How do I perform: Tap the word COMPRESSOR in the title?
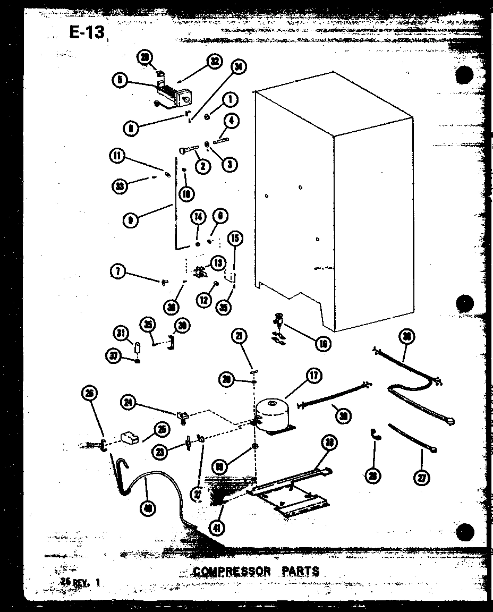(232, 572)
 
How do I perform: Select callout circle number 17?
(313, 376)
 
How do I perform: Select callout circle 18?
(329, 442)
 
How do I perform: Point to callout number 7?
(118, 272)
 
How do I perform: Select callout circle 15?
(234, 239)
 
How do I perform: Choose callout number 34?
(239, 66)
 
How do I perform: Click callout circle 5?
(120, 80)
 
